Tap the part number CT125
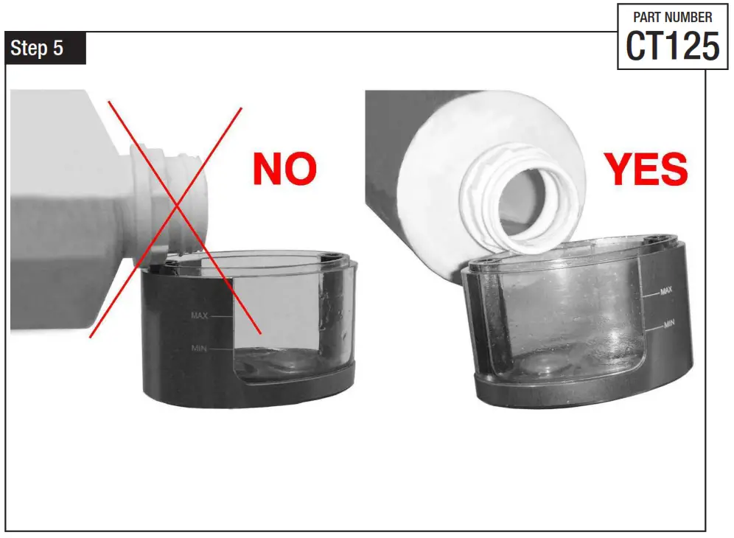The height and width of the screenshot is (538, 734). click(672, 46)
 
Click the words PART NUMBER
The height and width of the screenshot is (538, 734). click(672, 17)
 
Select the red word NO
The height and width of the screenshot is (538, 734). click(284, 169)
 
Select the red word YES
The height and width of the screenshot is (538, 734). click(646, 169)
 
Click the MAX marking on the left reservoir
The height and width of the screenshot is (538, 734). click(200, 316)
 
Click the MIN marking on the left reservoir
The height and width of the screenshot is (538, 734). click(199, 348)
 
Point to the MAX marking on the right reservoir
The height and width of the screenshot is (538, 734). click(666, 291)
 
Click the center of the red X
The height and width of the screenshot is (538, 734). click(175, 219)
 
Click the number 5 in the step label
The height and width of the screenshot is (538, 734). click(57, 49)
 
